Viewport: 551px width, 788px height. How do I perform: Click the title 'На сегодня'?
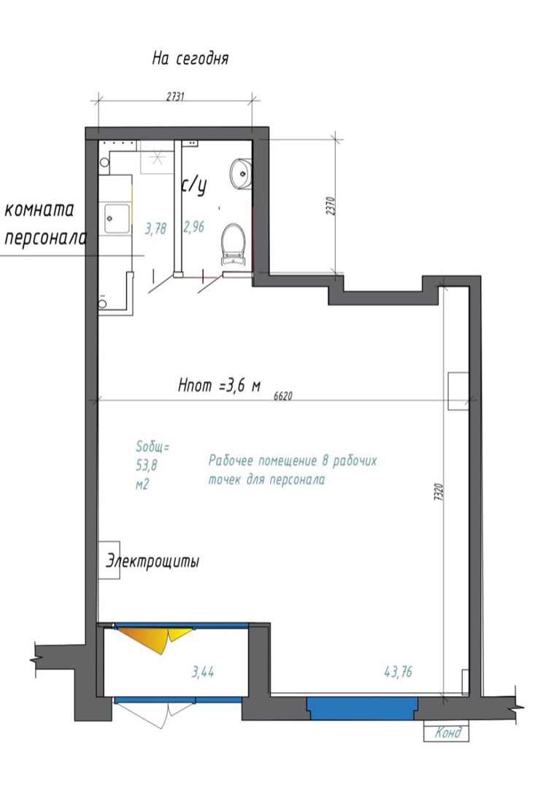(x=190, y=58)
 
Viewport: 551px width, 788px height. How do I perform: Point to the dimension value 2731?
(x=175, y=96)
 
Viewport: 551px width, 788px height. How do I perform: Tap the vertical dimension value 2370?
(x=330, y=206)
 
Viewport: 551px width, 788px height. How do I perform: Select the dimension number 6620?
(x=283, y=396)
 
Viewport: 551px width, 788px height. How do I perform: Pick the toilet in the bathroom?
(x=234, y=244)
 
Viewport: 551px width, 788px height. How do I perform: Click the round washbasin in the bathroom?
(x=240, y=174)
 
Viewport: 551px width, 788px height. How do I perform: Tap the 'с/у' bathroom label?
(x=194, y=185)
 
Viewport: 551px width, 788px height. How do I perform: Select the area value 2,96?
(x=193, y=227)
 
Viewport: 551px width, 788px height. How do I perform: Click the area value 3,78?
(x=155, y=229)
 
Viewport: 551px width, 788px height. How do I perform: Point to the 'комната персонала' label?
(x=45, y=223)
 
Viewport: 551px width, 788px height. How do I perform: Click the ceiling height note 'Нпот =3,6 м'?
(x=219, y=386)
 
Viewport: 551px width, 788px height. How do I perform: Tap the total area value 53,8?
(x=146, y=466)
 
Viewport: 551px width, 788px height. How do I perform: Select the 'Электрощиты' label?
(x=153, y=560)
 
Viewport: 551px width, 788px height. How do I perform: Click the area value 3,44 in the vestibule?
(x=203, y=671)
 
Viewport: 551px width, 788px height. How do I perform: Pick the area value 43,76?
(x=398, y=671)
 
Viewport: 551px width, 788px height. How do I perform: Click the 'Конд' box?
(x=447, y=733)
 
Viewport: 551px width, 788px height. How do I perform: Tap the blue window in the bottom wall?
(x=363, y=708)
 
